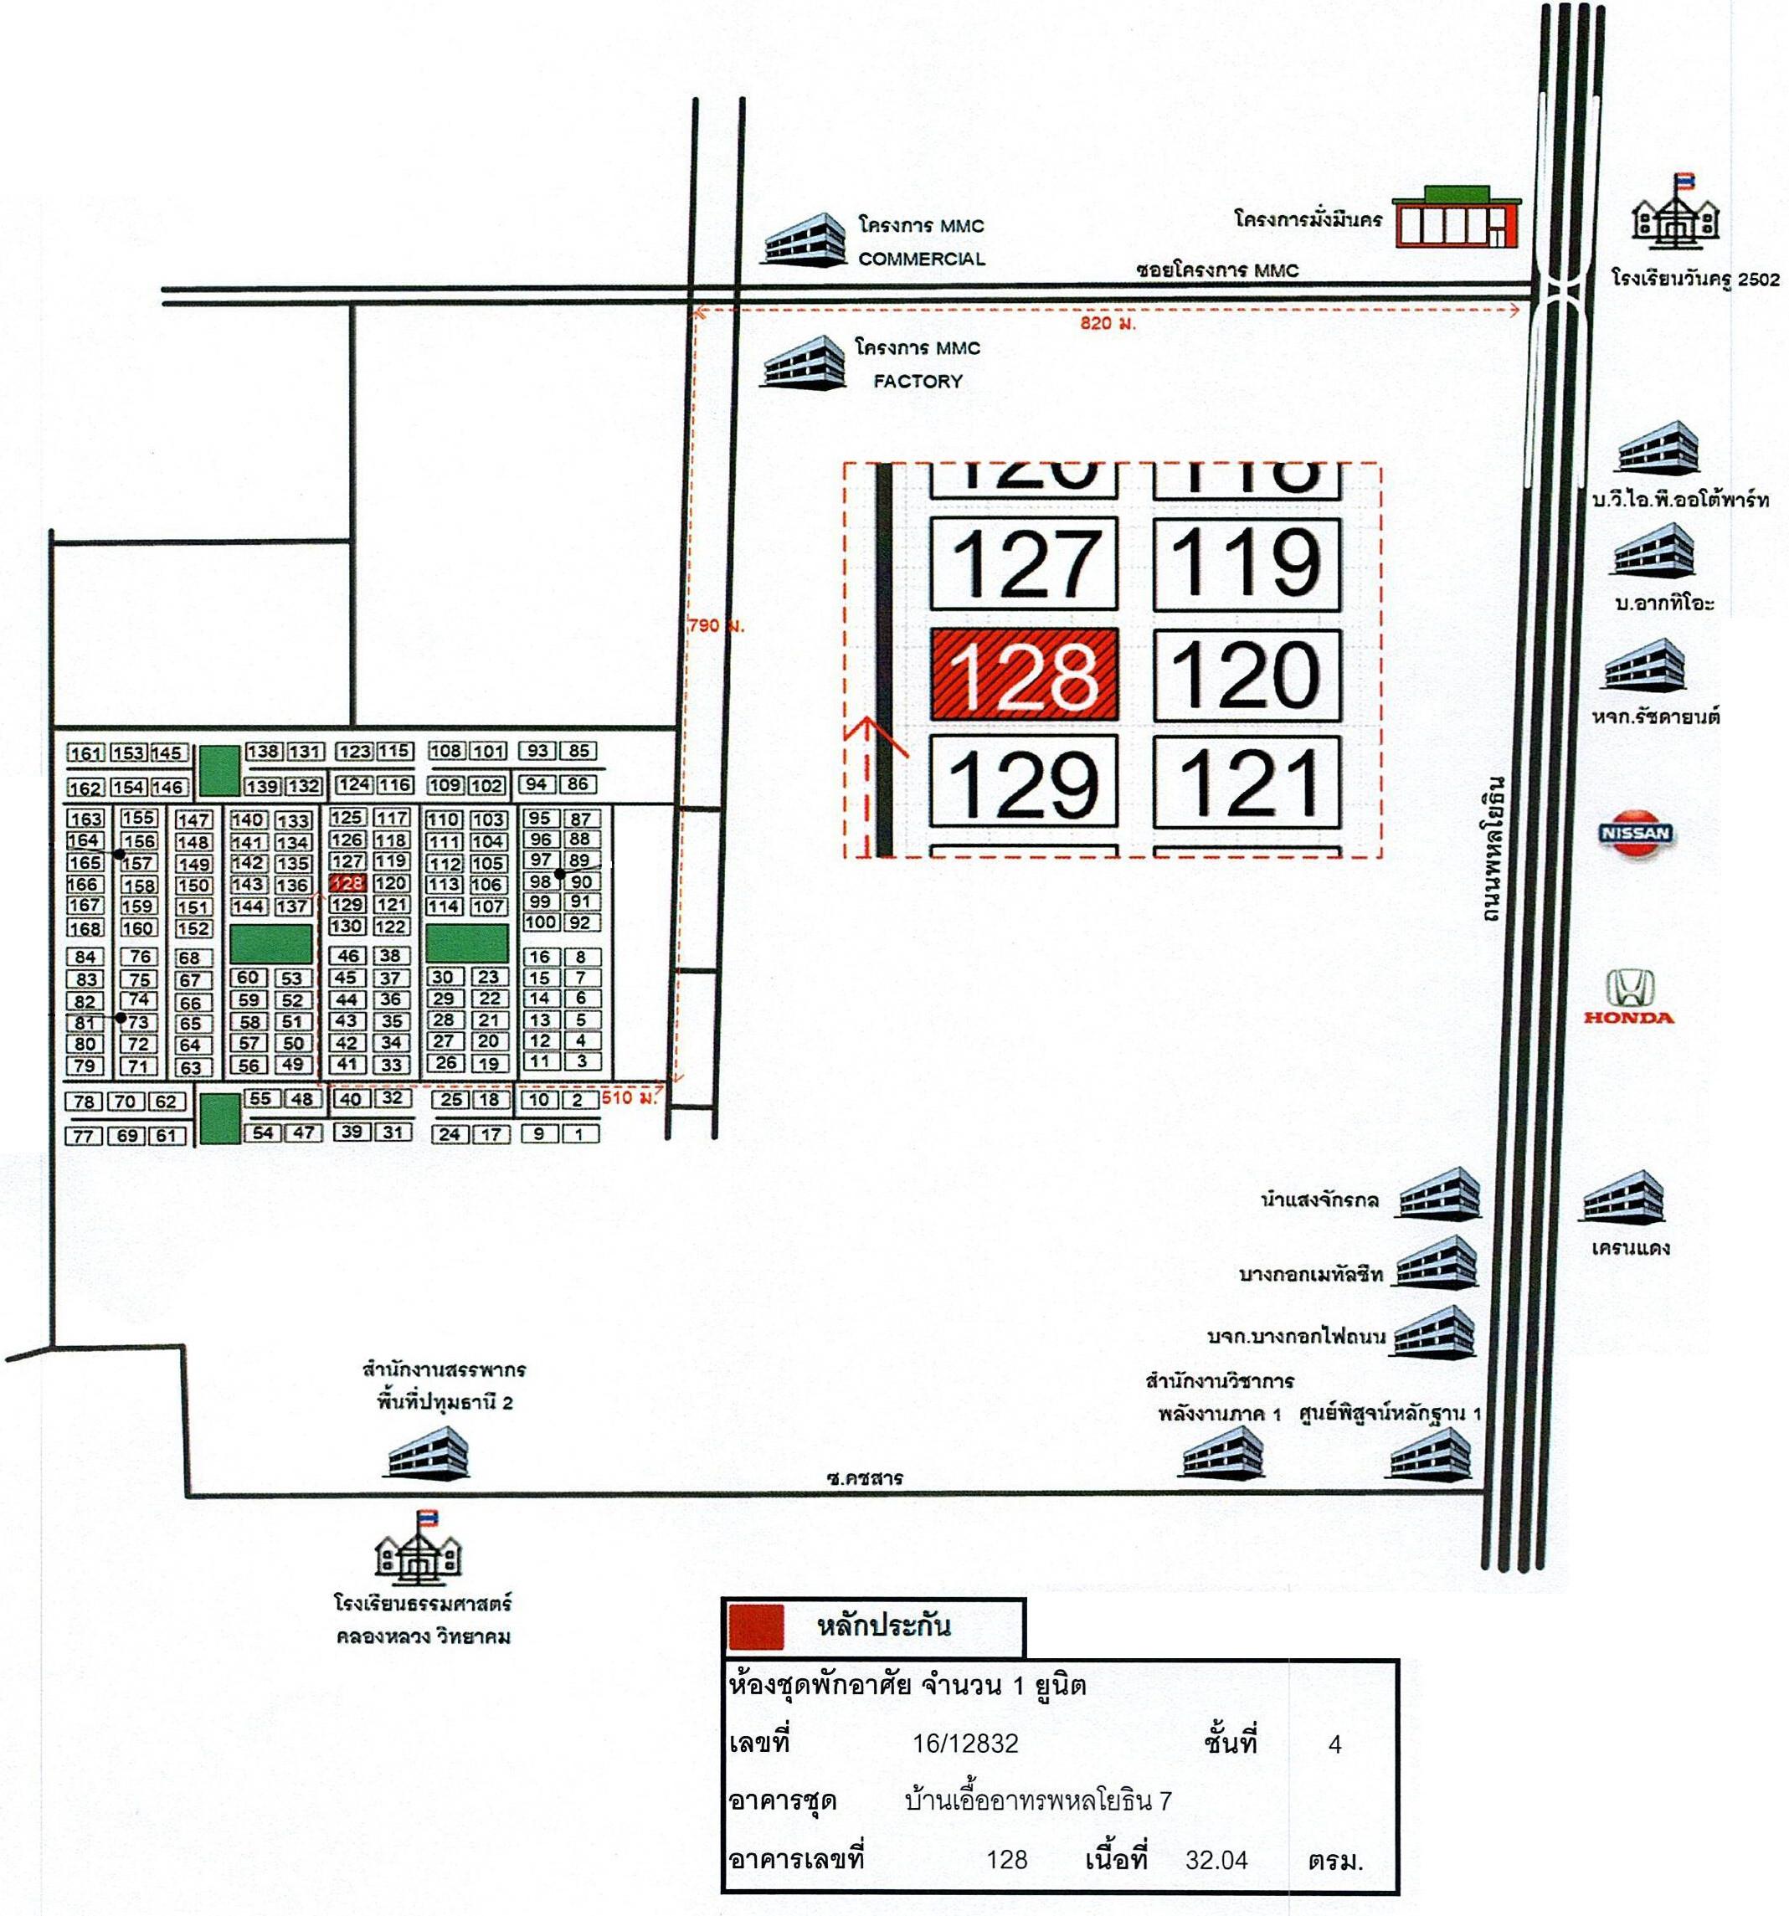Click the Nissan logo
pyautogui.click(x=1635, y=833)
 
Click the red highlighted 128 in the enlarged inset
pyautogui.click(x=1024, y=674)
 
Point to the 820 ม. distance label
pyautogui.click(x=1108, y=324)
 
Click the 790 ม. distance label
pyautogui.click(x=716, y=625)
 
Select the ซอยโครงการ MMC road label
pyautogui.click(x=1217, y=271)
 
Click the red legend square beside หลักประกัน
pyautogui.click(x=757, y=1628)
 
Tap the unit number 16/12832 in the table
pyautogui.click(x=965, y=1743)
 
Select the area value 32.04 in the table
pyautogui.click(x=1216, y=1859)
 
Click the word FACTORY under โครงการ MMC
pyautogui.click(x=918, y=382)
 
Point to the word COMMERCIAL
pyautogui.click(x=922, y=259)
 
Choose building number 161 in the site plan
pyautogui.click(x=85, y=753)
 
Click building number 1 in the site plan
pyautogui.click(x=579, y=1134)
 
